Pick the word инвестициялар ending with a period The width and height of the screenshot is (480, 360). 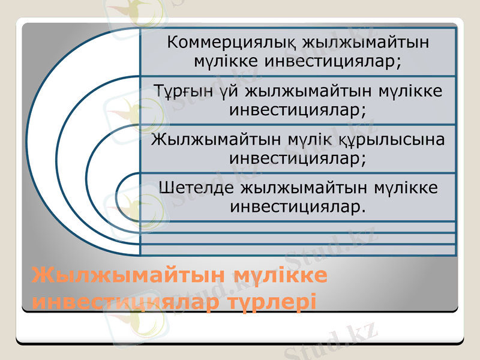(x=298, y=207)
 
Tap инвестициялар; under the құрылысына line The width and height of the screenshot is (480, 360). (x=298, y=159)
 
